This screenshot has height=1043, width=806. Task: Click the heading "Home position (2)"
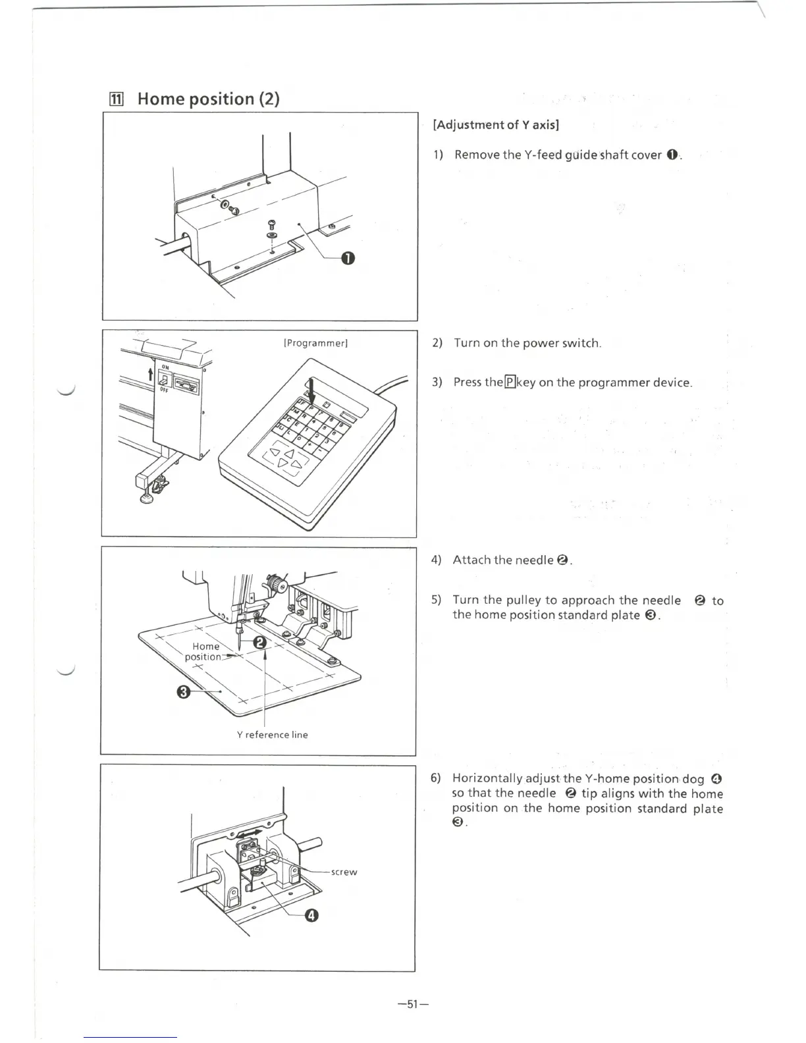208,99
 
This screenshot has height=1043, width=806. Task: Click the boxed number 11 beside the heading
116,99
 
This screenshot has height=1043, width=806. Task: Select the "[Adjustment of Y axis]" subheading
496,124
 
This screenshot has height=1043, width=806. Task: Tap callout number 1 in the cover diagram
348,258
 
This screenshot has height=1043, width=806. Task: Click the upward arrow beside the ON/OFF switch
151,375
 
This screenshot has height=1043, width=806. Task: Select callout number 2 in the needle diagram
260,643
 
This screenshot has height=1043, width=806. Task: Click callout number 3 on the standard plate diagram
184,691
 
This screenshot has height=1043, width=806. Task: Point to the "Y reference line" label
272,735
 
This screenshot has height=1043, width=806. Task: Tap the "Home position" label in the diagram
204,651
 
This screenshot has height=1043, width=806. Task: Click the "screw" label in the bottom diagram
344,872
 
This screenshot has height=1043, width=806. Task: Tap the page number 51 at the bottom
413,1004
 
